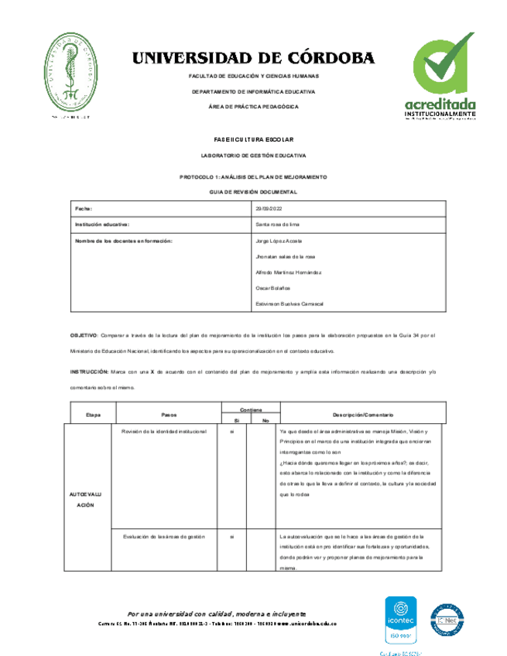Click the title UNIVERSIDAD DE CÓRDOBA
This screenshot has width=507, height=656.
pos(253,58)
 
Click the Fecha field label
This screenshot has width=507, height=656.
pos(83,209)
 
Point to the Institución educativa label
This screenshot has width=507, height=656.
pos(101,225)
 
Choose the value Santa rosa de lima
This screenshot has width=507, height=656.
pos(277,225)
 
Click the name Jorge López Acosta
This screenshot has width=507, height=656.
pos(278,241)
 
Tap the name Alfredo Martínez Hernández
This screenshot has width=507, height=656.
pos(289,272)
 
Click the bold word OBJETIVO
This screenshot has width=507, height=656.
pos(84,335)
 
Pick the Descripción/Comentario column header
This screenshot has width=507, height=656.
pos(363,415)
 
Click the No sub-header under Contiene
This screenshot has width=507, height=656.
pos(265,420)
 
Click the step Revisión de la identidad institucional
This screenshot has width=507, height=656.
pos(159,431)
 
